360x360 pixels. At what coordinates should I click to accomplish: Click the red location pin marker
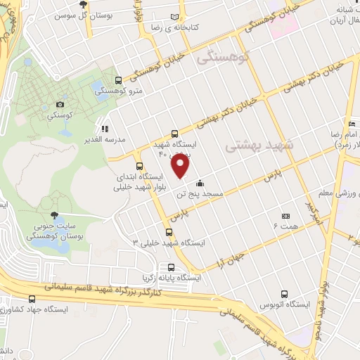(x=181, y=167)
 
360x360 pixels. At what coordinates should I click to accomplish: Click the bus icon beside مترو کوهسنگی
(x=118, y=80)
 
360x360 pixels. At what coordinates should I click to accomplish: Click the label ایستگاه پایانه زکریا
(x=170, y=278)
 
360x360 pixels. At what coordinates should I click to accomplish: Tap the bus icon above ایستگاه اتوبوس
(x=283, y=293)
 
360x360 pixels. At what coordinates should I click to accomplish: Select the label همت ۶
(x=285, y=227)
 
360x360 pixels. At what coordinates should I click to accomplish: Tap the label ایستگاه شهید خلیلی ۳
(x=169, y=242)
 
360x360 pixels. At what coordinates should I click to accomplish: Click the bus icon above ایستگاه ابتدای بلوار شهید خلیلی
(x=139, y=166)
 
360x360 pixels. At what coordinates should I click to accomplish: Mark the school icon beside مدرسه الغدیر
(x=105, y=129)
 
